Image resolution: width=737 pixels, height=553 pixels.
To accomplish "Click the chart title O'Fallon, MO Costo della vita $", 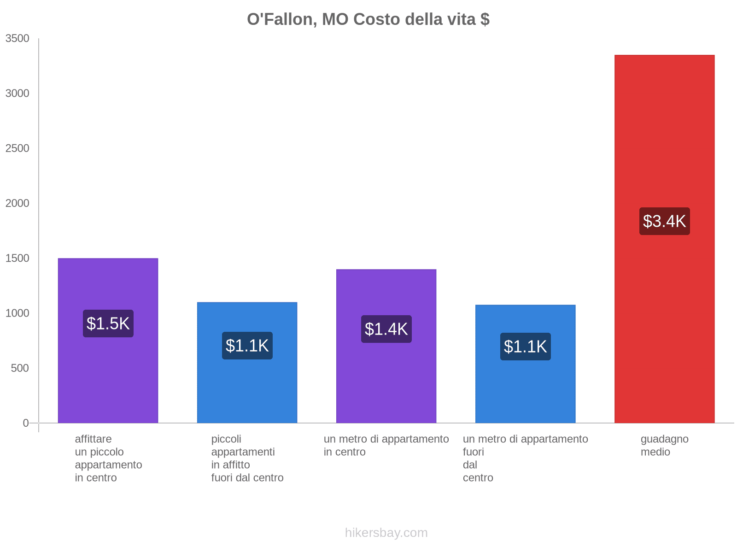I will point(368,19).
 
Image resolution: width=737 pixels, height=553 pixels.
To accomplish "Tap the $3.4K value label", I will point(664,221).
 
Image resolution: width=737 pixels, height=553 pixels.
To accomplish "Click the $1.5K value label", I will point(108,324).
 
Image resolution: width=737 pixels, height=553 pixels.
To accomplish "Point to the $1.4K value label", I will point(386,329).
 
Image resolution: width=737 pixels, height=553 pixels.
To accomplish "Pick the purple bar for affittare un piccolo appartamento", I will point(108,378).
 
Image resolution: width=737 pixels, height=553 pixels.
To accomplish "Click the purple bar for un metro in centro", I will point(386,382).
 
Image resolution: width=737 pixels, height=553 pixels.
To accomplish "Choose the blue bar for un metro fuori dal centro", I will point(525,392).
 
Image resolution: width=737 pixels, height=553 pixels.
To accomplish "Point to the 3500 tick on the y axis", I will point(17,39).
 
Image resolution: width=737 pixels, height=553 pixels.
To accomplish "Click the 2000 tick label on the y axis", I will point(17,203).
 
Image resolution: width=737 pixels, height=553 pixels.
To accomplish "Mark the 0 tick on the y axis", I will point(26,423).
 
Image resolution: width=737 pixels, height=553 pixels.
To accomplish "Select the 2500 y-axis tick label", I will point(17,148).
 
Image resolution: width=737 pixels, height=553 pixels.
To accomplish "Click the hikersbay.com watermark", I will point(386,533).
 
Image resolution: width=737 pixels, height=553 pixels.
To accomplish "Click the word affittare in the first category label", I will point(93,439).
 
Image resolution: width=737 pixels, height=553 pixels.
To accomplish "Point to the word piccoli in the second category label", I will point(226,439).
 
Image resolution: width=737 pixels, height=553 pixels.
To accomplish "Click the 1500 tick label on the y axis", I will point(17,259).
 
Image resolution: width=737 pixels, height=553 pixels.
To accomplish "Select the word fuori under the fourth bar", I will point(473,452).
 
